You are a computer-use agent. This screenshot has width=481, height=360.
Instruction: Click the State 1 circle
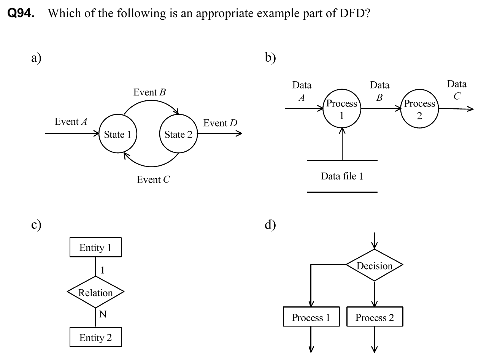pyautogui.click(x=117, y=134)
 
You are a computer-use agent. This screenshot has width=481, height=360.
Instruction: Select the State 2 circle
pyautogui.click(x=178, y=134)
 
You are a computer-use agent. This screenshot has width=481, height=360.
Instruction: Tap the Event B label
pyautogui.click(x=150, y=92)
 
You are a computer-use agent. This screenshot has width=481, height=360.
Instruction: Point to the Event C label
pyautogui.click(x=154, y=180)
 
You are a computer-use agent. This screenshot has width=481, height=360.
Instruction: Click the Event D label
pyautogui.click(x=221, y=123)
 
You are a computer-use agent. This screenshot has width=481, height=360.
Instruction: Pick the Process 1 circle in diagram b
pyautogui.click(x=342, y=108)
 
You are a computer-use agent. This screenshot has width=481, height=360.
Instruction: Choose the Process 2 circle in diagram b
pyautogui.click(x=419, y=109)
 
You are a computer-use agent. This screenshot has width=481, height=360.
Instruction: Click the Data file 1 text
pyautogui.click(x=342, y=176)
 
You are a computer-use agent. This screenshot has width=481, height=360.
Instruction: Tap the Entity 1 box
pyautogui.click(x=95, y=248)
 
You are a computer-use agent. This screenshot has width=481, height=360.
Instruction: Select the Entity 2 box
pyautogui.click(x=95, y=337)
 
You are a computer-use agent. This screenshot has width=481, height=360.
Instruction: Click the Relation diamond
pyautogui.click(x=95, y=292)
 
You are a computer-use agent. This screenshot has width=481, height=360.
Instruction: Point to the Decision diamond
pyautogui.click(x=375, y=265)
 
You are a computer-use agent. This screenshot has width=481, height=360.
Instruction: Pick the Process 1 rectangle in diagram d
pyautogui.click(x=311, y=317)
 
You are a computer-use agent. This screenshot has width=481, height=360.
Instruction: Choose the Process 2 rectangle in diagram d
pyautogui.click(x=375, y=317)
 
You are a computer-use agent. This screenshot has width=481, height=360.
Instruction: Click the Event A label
pyautogui.click(x=71, y=122)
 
